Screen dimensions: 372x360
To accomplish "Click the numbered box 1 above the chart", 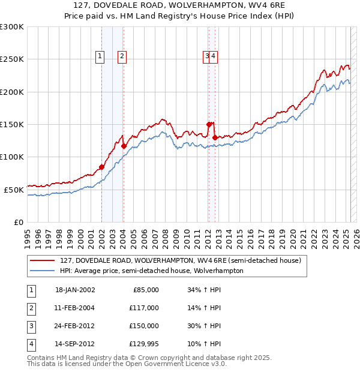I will point(100,57).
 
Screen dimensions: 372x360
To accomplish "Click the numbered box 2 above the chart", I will point(122,57).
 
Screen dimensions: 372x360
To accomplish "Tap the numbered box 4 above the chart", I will point(213,57).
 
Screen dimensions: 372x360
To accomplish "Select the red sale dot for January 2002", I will point(101,167).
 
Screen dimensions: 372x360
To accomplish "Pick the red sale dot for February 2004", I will point(124,146).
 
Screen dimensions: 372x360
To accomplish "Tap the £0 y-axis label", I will point(18,222).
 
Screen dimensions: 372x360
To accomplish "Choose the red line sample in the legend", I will point(42,260).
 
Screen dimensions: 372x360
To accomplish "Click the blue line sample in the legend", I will point(42,271).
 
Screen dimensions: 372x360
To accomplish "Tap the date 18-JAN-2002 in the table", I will point(75,290).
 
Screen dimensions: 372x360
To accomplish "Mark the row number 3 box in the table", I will point(31,326).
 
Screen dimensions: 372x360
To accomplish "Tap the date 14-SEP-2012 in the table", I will point(75,344).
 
